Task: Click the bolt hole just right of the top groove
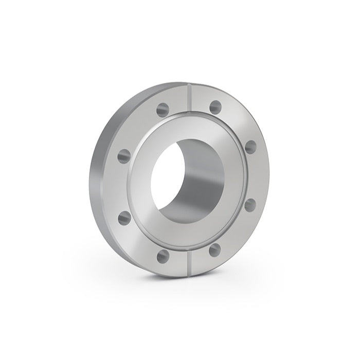coord(215,107)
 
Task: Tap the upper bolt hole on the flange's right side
coord(250,147)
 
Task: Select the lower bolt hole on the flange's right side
coord(250,205)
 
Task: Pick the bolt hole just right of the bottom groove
coord(215,250)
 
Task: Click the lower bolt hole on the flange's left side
coord(124,218)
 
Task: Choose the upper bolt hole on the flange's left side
coord(124,154)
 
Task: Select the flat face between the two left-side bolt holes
coord(121,186)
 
